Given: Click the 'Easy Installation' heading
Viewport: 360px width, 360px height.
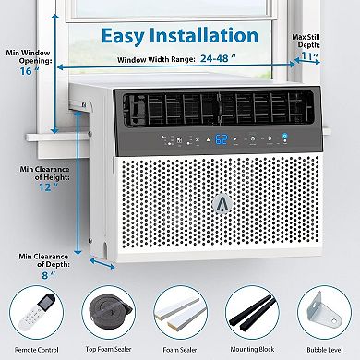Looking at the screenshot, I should tap(180, 35).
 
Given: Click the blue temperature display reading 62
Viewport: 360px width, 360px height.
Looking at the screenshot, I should tap(196, 142).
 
